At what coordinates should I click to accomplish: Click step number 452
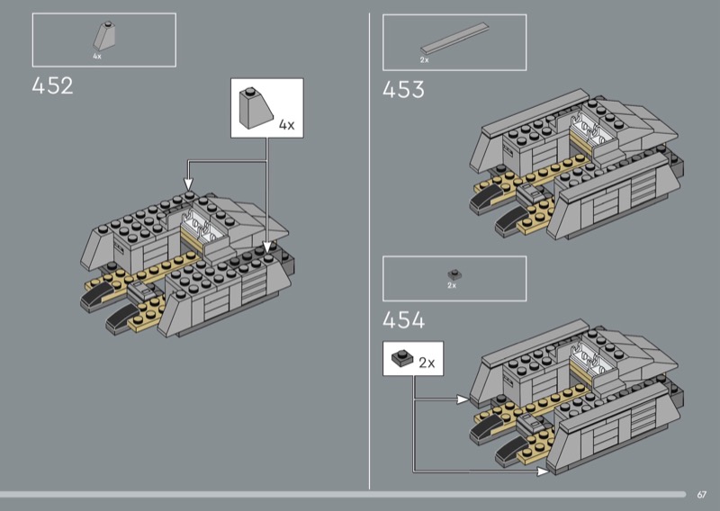tap(52, 85)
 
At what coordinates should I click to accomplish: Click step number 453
tap(403, 90)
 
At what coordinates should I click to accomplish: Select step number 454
tap(403, 320)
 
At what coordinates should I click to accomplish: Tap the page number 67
tap(701, 495)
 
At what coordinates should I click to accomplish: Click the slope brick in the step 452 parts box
tap(103, 36)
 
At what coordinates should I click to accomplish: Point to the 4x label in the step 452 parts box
tap(97, 57)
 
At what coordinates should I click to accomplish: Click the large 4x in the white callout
tap(286, 124)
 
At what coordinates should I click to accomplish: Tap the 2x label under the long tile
tap(424, 59)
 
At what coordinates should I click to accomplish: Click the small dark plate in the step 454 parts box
tap(454, 274)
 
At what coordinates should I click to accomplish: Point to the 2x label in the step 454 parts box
tap(452, 285)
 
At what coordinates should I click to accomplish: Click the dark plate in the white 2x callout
tap(402, 358)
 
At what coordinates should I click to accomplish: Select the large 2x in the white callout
tap(427, 363)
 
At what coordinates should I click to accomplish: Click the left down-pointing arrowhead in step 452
tap(188, 184)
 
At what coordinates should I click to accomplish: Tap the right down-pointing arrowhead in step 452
tap(266, 247)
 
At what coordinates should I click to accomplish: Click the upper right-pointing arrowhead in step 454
tap(463, 399)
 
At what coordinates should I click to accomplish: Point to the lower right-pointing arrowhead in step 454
tap(543, 471)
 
